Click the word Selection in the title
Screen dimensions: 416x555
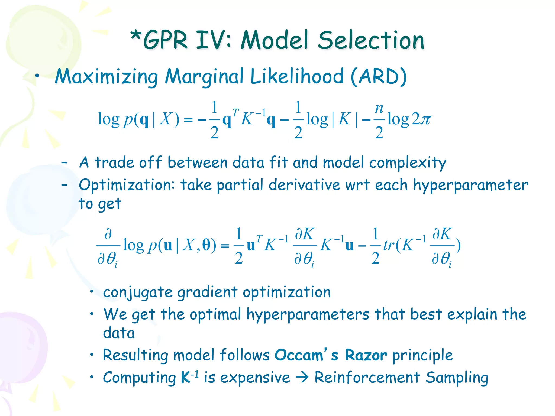pyautogui.click(x=371, y=40)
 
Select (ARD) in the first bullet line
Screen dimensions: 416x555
pyautogui.click(x=379, y=77)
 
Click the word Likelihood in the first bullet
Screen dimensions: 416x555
pyautogui.click(x=297, y=77)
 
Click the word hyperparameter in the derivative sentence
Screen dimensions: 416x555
pyautogui.click(x=470, y=186)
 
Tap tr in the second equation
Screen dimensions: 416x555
pyautogui.click(x=389, y=245)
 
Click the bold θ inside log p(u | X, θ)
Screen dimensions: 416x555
pyautogui.click(x=206, y=245)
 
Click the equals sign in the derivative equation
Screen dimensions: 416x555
pyautogui.click(x=225, y=246)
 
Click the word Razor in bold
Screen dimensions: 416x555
pyautogui.click(x=366, y=355)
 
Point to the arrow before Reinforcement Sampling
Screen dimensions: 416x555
pyautogui.click(x=302, y=378)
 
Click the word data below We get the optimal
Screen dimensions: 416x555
pyautogui.click(x=119, y=333)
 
